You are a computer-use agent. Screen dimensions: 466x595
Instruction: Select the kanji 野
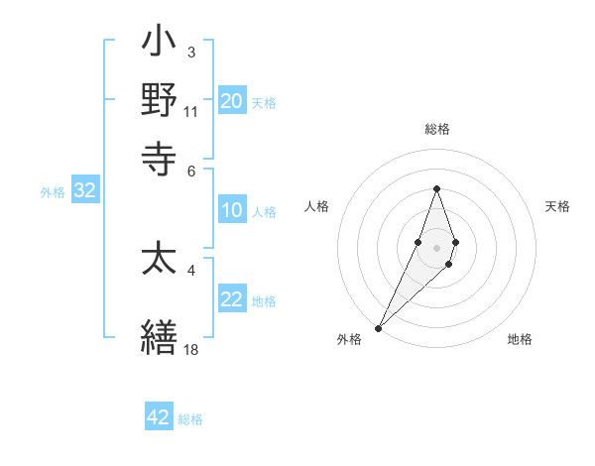point(160,100)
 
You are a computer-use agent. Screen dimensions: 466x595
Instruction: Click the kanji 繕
point(160,334)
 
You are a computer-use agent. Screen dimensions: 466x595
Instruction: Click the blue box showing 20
point(231,100)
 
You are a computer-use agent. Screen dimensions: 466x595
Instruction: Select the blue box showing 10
point(231,210)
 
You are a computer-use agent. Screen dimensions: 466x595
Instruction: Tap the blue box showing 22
point(231,300)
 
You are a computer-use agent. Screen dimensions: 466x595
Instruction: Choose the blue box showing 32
point(84,191)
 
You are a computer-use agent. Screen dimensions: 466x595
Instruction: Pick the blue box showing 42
point(159,417)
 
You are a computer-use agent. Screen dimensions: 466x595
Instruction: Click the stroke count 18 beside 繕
point(190,349)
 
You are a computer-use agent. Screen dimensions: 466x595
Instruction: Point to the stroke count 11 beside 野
point(190,111)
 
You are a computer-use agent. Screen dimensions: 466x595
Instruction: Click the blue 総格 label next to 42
point(190,419)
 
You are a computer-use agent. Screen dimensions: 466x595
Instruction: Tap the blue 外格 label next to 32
point(53,192)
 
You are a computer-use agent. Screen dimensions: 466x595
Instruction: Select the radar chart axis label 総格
point(436,130)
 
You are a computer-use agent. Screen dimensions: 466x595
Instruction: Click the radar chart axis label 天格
point(557,206)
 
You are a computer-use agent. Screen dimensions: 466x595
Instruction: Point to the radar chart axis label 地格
point(520,339)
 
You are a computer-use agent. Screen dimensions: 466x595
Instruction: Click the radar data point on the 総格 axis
point(436,189)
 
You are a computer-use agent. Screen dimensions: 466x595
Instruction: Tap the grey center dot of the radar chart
point(436,248)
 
